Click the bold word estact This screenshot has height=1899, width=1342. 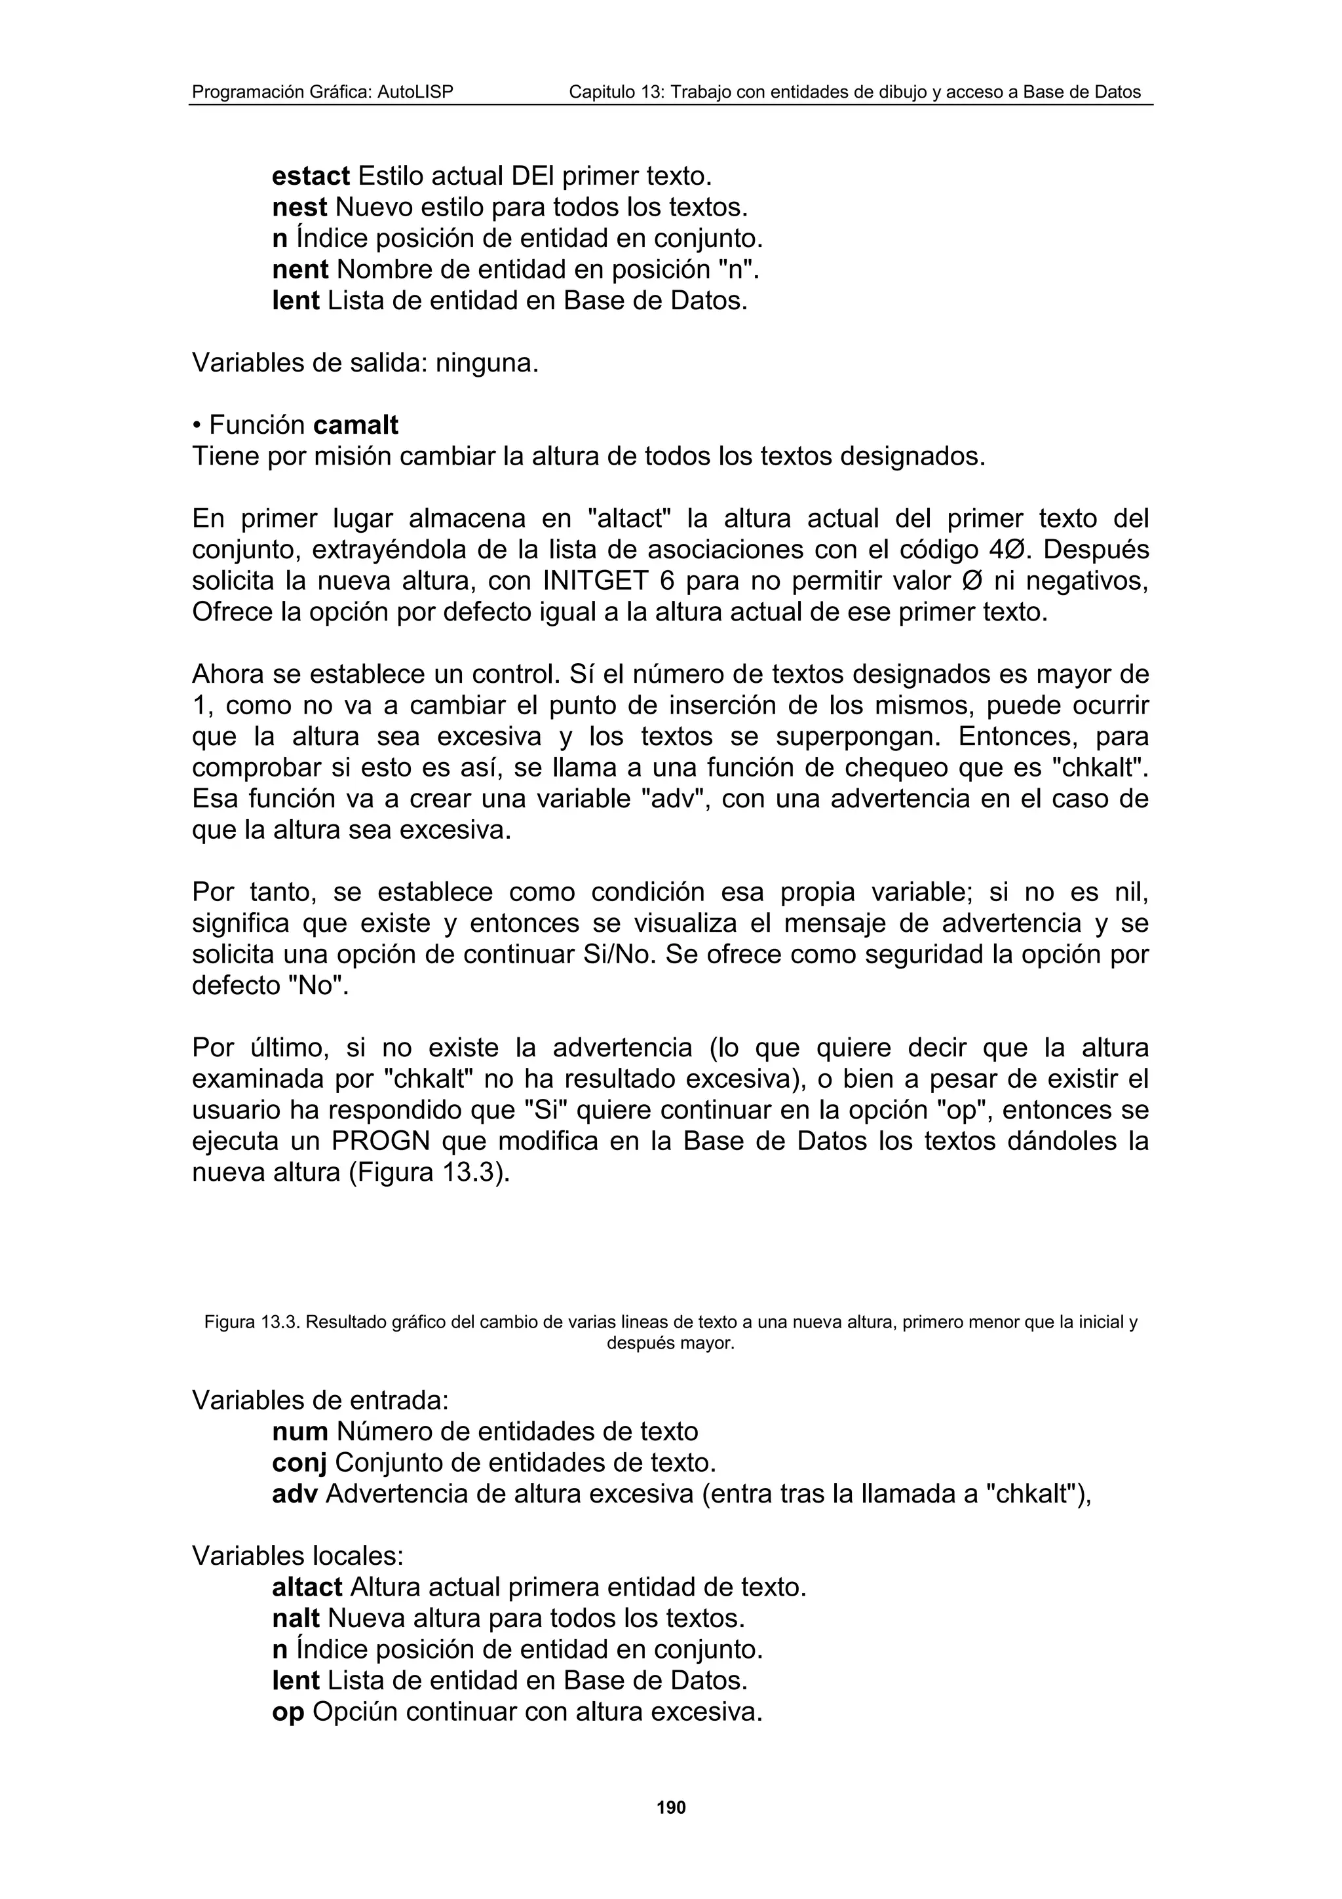pyautogui.click(x=311, y=176)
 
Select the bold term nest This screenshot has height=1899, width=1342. pyautogui.click(x=299, y=208)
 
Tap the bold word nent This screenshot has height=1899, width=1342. pyautogui.click(x=300, y=269)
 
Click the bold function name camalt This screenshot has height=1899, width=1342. pyautogui.click(x=356, y=425)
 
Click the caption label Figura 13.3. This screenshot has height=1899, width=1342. pyautogui.click(x=252, y=1322)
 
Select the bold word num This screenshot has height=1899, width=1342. pyautogui.click(x=300, y=1432)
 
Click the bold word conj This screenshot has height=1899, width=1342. pyautogui.click(x=299, y=1463)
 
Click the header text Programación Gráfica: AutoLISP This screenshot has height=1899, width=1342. pyautogui.click(x=322, y=92)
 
